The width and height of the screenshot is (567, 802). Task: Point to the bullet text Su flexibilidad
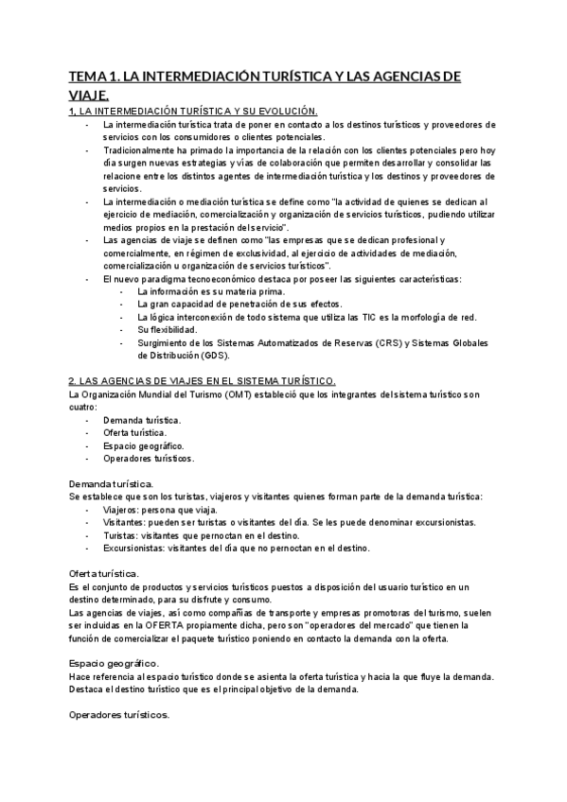(168, 329)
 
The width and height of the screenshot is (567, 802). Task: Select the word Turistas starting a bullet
(120, 534)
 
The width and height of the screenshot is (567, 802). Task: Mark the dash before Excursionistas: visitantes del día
(88, 548)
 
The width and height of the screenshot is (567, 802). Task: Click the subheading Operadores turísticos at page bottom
(120, 715)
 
